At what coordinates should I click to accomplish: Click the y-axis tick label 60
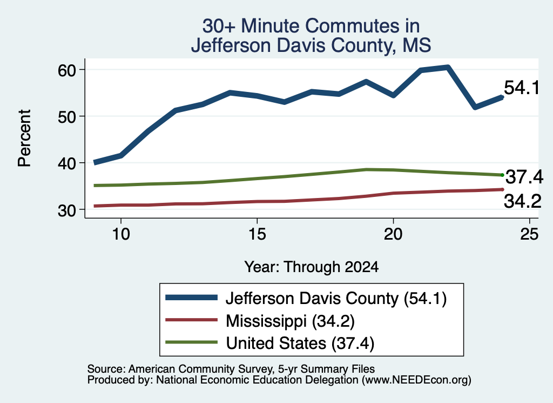point(66,70)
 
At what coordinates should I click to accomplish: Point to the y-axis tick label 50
point(66,117)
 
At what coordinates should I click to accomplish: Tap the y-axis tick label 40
point(66,163)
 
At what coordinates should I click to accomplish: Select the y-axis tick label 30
point(66,210)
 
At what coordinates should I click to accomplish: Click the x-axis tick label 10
point(121,234)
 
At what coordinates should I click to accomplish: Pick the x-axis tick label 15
point(257,234)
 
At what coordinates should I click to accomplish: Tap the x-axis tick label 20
point(393,234)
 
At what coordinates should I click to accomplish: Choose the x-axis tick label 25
point(529,234)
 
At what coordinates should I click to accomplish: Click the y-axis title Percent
point(24,138)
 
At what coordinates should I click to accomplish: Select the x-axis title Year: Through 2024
point(312,267)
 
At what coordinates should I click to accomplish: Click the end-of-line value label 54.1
point(522,88)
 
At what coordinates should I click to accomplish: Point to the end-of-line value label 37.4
point(524,177)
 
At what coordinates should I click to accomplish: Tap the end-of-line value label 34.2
point(522,201)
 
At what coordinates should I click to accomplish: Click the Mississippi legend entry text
point(290,321)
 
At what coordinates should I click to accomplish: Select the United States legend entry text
point(300,343)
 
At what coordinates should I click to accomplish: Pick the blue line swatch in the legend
point(192,298)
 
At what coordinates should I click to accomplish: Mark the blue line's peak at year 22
point(448,68)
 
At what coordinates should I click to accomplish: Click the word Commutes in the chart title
point(362,26)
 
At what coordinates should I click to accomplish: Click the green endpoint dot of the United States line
point(502,175)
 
